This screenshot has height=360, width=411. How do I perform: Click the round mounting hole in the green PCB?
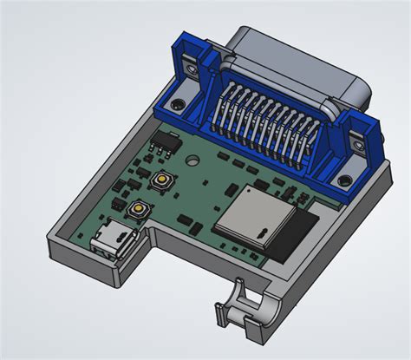tap(192, 160)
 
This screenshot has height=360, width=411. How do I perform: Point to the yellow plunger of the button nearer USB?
tap(137, 209)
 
